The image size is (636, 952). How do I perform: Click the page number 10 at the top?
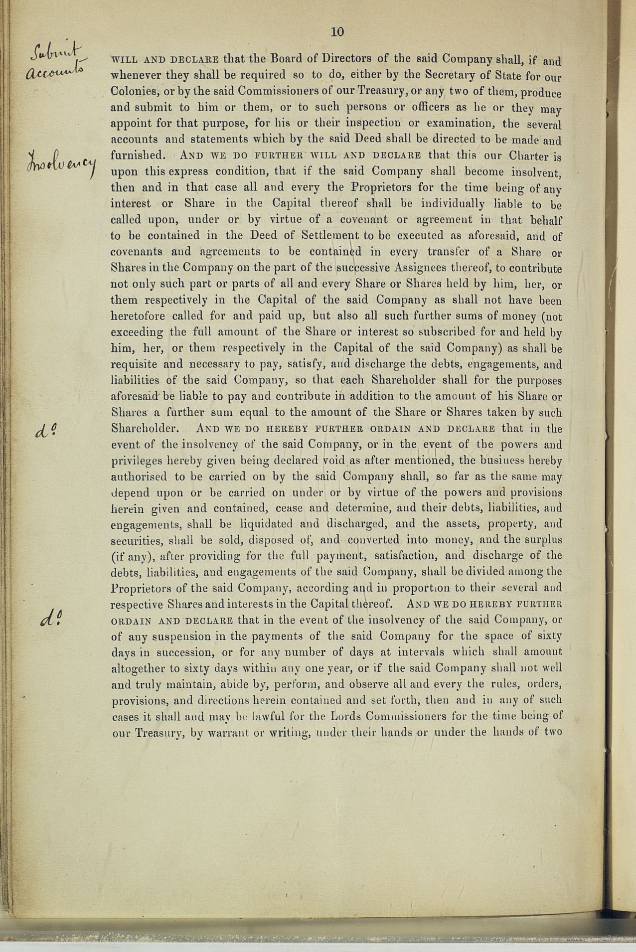pos(337,32)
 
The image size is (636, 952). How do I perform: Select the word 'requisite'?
pos(134,364)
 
